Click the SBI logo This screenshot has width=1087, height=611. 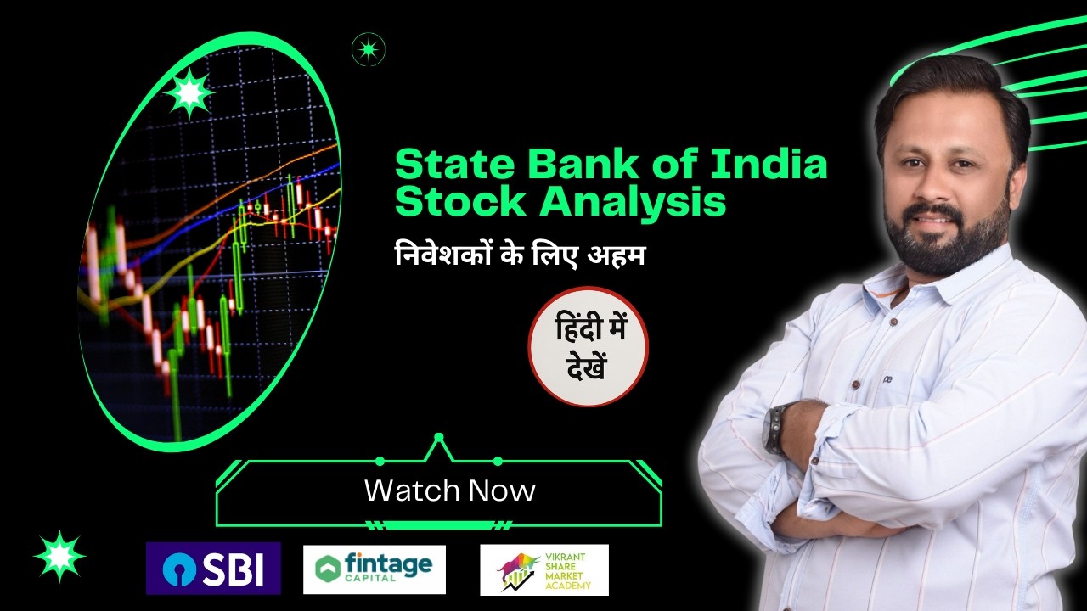pyautogui.click(x=212, y=569)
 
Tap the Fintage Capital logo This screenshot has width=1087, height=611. pyautogui.click(x=374, y=569)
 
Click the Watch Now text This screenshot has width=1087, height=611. pyautogui.click(x=449, y=490)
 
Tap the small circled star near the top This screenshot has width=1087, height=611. pyautogui.click(x=369, y=49)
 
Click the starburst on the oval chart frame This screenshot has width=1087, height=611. pyautogui.click(x=188, y=92)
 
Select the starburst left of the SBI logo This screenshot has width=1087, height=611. pyautogui.click(x=59, y=557)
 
